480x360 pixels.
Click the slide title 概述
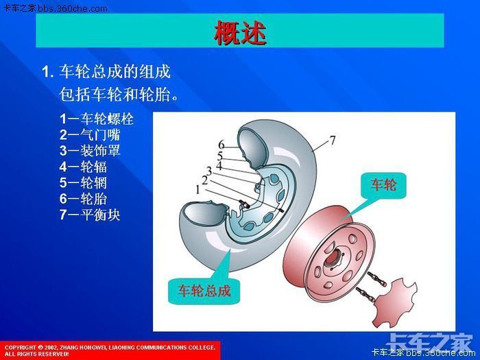(239, 33)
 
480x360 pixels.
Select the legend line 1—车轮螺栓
(96, 119)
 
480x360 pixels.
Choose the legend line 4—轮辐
(83, 166)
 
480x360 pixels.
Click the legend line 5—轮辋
(83, 182)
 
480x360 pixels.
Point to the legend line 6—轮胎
(83, 199)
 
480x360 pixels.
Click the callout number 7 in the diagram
(332, 141)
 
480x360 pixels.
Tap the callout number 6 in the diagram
(221, 145)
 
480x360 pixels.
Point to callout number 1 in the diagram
(198, 187)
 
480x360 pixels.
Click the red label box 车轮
(383, 184)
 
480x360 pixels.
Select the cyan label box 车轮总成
(200, 290)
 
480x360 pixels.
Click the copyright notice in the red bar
(110, 350)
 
